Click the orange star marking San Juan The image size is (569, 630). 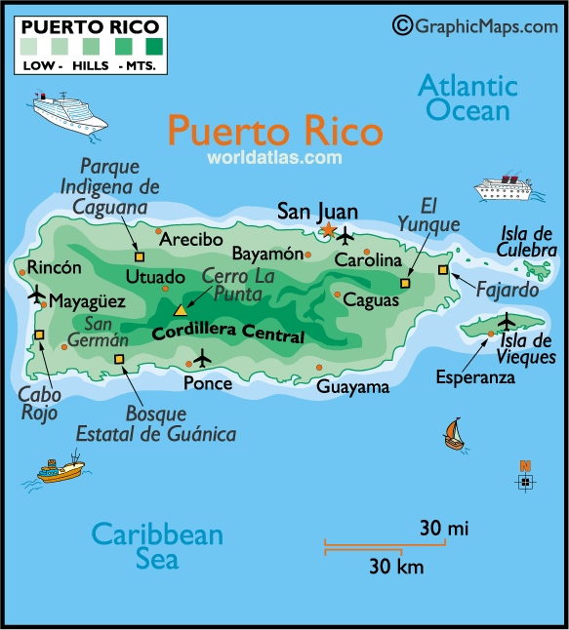pos(328,231)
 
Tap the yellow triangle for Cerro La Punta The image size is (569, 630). pos(180,310)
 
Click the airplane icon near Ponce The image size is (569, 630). pos(202,358)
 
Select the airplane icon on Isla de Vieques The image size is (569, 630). pos(507,321)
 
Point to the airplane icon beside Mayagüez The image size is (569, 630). pos(36,295)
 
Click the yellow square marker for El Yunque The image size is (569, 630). pos(406,284)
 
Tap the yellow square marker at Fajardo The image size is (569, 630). pos(443,269)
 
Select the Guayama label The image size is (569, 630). pos(352,386)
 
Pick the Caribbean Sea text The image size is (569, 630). pos(156,546)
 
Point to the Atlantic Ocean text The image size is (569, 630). pos(467,98)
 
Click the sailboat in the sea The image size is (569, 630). pos(453,433)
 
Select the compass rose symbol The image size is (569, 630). pos(525,481)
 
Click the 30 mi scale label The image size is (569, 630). pos(444,529)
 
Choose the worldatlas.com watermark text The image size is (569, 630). pos(274,156)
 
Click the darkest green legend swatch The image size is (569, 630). pos(154,45)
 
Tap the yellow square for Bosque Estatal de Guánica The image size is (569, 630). pos(119,359)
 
